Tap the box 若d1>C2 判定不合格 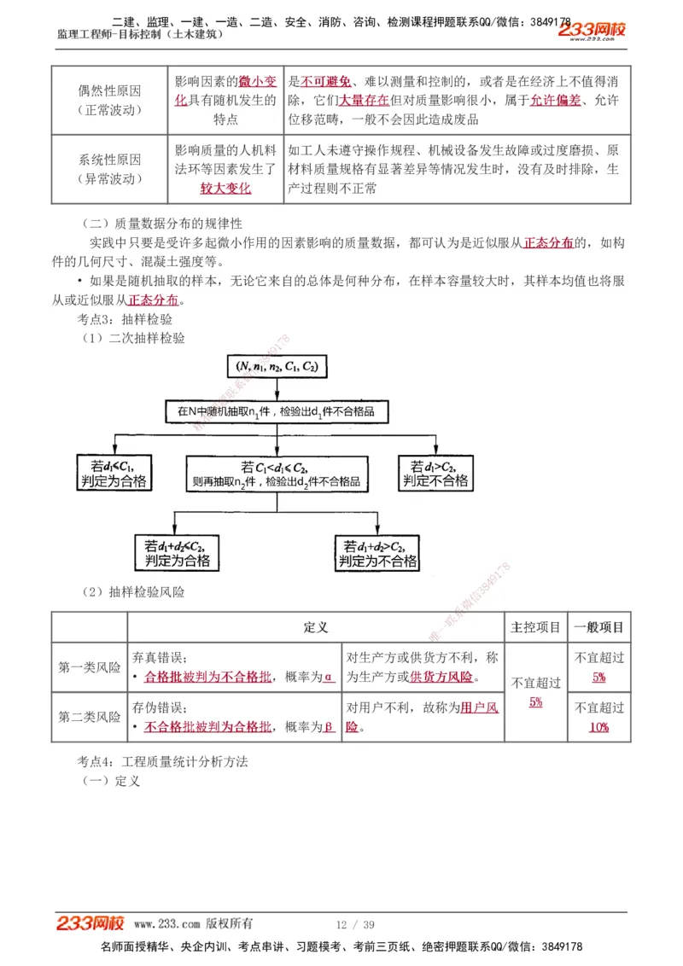(x=435, y=473)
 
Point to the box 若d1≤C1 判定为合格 (x=112, y=473)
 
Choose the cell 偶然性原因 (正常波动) (x=109, y=100)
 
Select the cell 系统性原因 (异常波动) (x=109, y=169)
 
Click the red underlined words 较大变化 (x=225, y=189)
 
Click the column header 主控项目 (x=535, y=627)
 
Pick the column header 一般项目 (x=599, y=627)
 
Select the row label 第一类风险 (x=90, y=667)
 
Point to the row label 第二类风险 (x=90, y=717)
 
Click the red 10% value (x=598, y=727)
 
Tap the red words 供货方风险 (x=441, y=678)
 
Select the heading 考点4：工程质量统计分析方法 (x=162, y=761)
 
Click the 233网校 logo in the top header (x=592, y=30)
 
